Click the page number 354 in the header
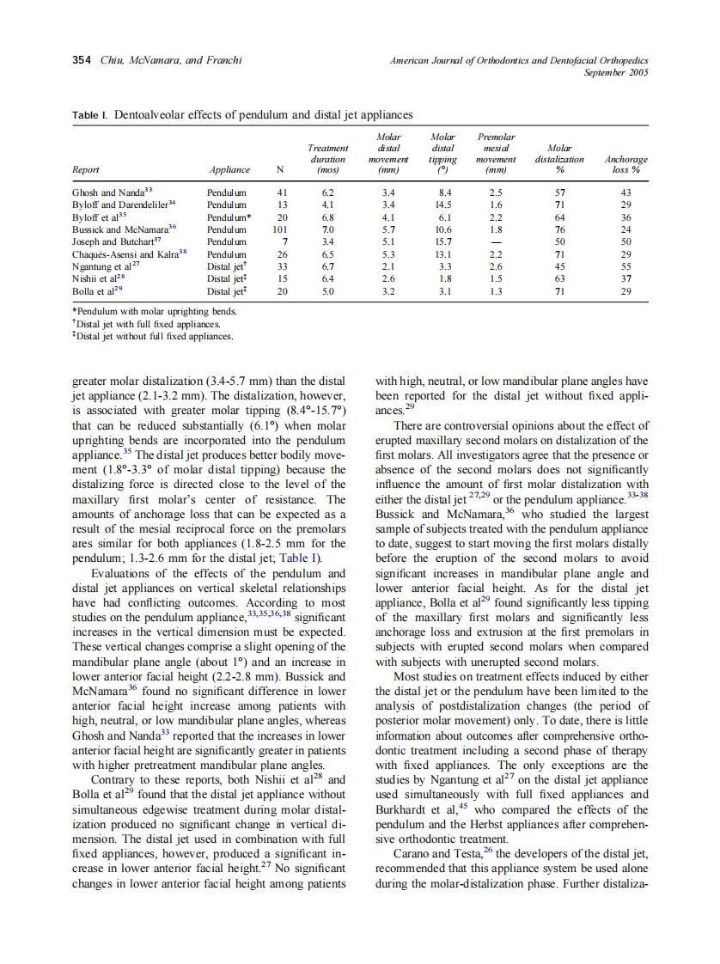tap(82, 60)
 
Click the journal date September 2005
tap(616, 72)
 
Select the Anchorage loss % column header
tap(625, 164)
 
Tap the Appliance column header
tap(229, 170)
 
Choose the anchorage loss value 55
tap(625, 267)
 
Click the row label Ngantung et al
tap(107, 267)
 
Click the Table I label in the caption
tap(90, 114)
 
